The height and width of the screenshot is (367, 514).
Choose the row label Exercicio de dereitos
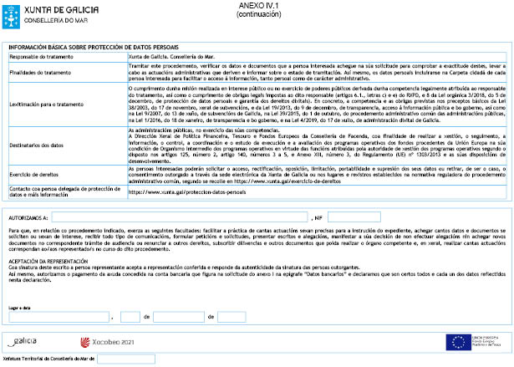coord(34,173)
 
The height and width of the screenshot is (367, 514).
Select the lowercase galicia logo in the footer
coord(25,341)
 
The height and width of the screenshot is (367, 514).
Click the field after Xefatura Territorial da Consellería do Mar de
coord(126,359)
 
